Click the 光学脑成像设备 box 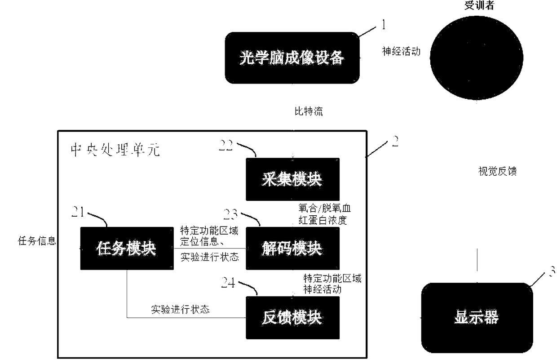click(292, 58)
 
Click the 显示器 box click(476, 317)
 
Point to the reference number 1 click(383, 25)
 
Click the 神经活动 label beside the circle click(401, 52)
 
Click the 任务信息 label click(37, 241)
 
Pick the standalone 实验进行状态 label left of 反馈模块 click(179, 310)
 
